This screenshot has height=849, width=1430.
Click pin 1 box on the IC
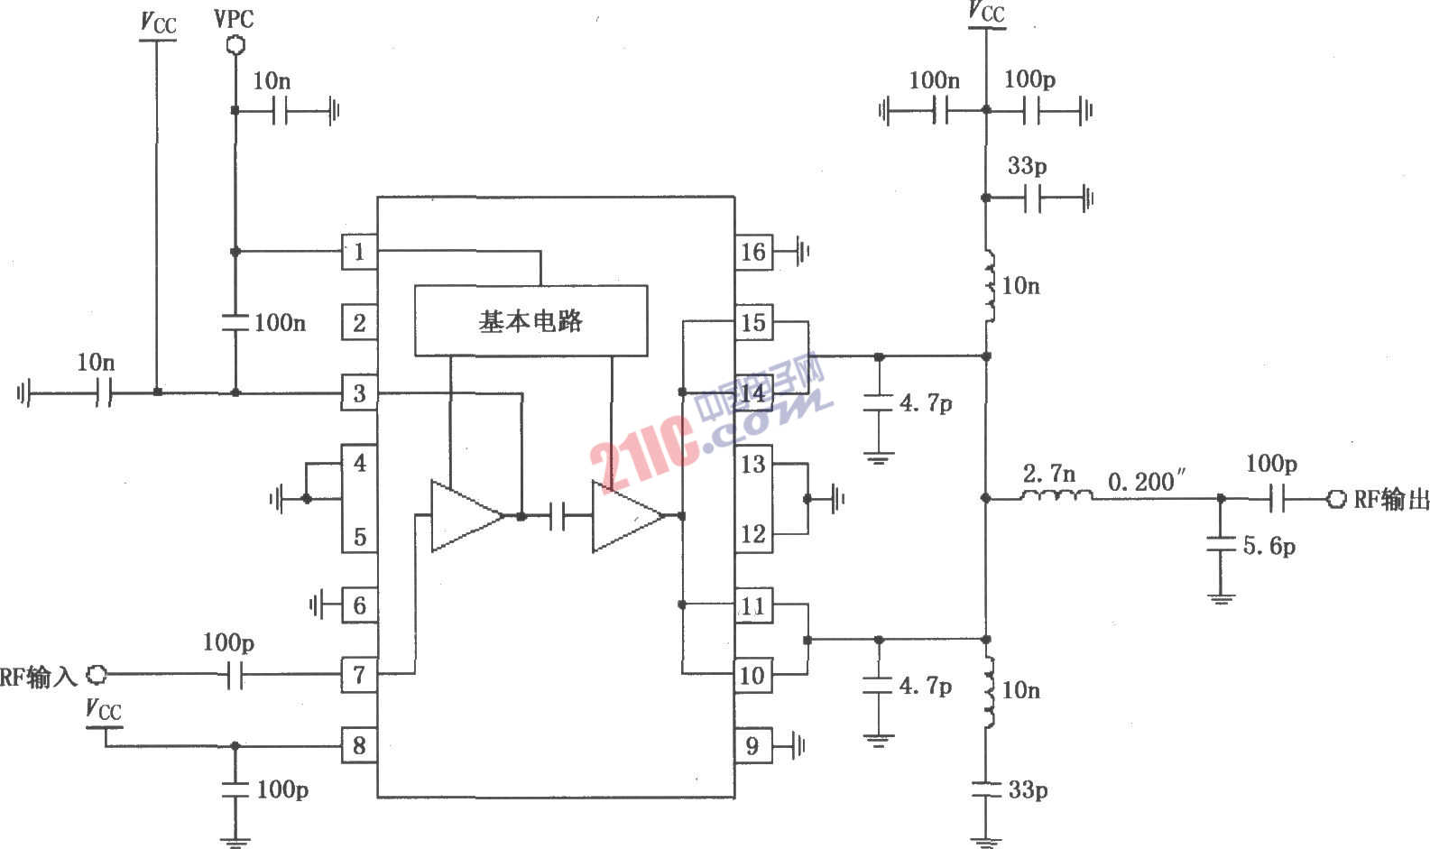click(359, 252)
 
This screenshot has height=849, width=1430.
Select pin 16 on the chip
click(752, 252)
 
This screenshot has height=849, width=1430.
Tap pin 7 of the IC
click(359, 674)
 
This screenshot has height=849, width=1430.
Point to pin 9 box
click(752, 745)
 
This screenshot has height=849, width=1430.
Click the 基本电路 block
click(530, 320)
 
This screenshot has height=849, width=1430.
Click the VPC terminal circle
click(235, 43)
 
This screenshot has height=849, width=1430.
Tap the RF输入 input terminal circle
click(97, 674)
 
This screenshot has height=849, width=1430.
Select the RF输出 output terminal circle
click(1336, 498)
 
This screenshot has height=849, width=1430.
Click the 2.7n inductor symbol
click(1056, 496)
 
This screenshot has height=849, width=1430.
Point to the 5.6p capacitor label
click(1269, 546)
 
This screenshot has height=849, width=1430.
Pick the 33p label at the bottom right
click(1028, 790)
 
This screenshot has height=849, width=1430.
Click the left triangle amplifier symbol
click(466, 516)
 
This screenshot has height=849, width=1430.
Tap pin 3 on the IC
click(359, 393)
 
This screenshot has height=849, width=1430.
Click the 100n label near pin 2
click(280, 322)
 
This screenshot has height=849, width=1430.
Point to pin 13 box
click(752, 464)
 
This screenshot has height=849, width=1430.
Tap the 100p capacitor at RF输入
click(235, 674)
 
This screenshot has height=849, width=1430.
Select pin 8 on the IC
click(359, 745)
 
